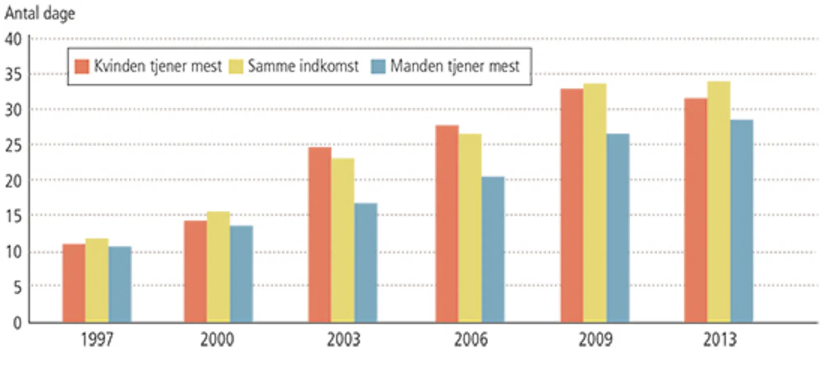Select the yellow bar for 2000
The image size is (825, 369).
[218, 267]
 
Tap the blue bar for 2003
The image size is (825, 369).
[365, 263]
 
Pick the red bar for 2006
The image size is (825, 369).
[447, 223]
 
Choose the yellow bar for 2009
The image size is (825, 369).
[595, 203]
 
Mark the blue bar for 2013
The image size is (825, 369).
[741, 221]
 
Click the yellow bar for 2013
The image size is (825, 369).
[719, 202]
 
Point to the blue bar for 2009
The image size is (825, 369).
[618, 228]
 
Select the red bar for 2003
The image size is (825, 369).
[320, 235]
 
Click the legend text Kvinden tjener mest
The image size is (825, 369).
[158, 66]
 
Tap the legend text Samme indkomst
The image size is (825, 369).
[303, 66]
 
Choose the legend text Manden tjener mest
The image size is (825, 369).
[455, 66]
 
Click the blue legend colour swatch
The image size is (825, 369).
[378, 67]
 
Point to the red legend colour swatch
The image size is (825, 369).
[82, 67]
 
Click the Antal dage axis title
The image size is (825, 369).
[40, 14]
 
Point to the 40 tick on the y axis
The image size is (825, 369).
[13, 39]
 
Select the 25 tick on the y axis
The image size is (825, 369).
[13, 145]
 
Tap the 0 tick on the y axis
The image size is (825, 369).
[17, 323]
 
